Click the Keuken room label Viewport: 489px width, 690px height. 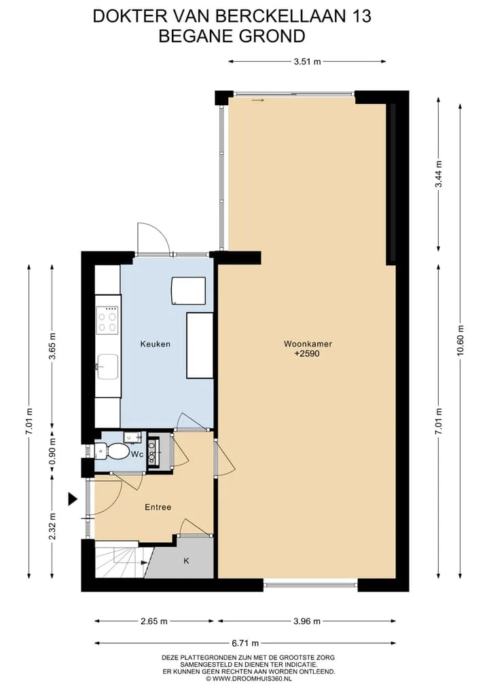[x=155, y=344]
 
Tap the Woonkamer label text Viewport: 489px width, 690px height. [x=308, y=344]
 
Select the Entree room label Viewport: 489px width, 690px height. [x=158, y=507]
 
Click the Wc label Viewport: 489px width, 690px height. [x=137, y=454]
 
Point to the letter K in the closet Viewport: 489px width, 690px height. [x=186, y=560]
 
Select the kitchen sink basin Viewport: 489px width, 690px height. [x=107, y=366]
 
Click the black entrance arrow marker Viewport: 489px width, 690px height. [x=73, y=499]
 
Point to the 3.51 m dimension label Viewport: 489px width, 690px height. [x=307, y=62]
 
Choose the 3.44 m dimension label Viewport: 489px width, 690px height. [x=438, y=174]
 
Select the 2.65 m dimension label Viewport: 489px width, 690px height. [x=153, y=621]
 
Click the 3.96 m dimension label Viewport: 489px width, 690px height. [x=306, y=621]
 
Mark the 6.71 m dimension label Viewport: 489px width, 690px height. [x=245, y=643]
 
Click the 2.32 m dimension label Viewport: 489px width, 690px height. [x=52, y=526]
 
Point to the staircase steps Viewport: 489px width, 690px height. [x=119, y=562]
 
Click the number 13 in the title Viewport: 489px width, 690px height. [x=361, y=16]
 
